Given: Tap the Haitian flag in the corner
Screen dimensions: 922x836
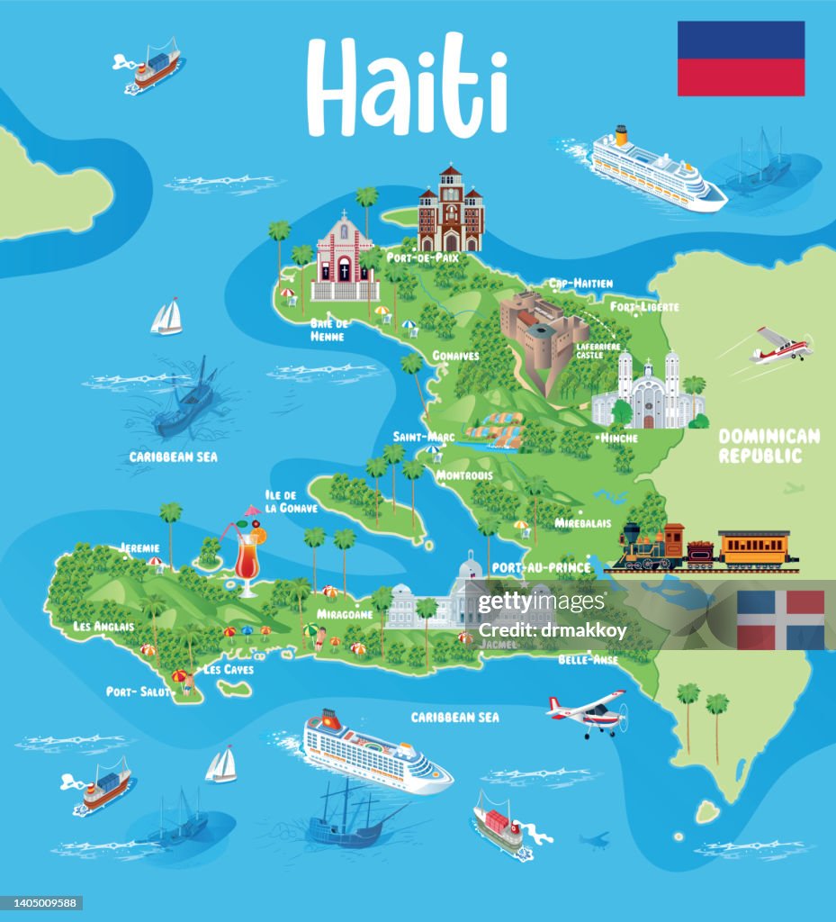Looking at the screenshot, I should [741, 59].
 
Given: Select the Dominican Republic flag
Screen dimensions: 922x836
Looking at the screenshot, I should [780, 619].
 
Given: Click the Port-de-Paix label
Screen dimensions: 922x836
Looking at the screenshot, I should [422, 258].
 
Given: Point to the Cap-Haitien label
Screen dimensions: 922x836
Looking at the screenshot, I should [579, 283].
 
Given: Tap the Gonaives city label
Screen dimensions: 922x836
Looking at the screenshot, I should [455, 356].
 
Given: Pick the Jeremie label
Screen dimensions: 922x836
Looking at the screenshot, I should [139, 547].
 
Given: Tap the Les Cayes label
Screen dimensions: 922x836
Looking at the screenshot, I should [228, 670].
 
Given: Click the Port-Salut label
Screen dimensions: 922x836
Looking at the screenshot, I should [138, 691].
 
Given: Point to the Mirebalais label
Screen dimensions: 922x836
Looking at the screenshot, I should [583, 523].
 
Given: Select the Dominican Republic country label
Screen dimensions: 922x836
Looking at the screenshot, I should [769, 446].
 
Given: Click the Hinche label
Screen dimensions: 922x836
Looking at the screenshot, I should [618, 438].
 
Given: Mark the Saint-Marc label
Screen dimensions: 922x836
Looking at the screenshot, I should [421, 437].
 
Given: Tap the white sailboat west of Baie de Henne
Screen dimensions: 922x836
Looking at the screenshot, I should [166, 317].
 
